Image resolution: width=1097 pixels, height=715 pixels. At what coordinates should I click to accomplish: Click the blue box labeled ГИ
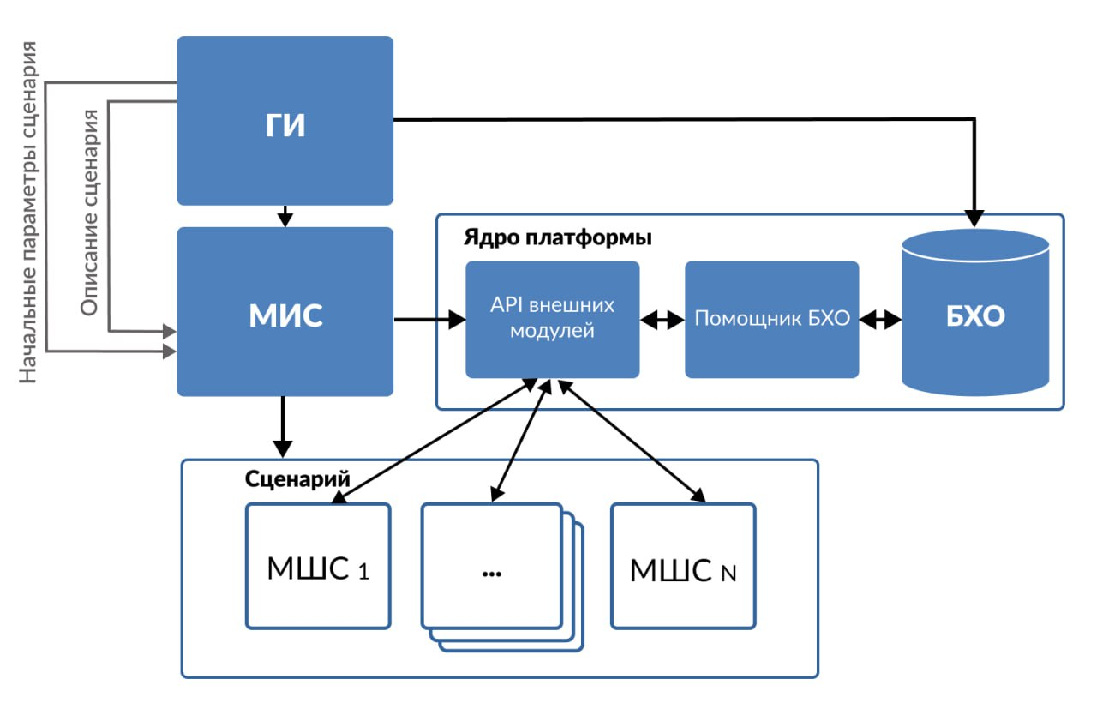click(x=285, y=121)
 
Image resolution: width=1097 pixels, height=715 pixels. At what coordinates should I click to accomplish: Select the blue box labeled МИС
click(x=285, y=312)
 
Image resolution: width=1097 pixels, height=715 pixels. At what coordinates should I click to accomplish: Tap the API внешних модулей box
click(x=552, y=319)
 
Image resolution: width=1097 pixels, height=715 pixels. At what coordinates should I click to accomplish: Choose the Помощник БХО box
click(x=771, y=319)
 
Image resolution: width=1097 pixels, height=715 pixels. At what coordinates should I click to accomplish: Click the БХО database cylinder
click(x=975, y=317)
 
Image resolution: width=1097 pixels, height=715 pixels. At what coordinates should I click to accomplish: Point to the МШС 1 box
click(x=318, y=567)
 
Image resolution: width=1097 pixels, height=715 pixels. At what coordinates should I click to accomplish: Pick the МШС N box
click(x=683, y=567)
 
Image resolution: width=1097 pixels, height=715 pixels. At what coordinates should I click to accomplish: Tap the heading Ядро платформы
click(x=557, y=237)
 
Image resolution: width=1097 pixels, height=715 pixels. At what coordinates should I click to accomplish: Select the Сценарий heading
click(x=297, y=478)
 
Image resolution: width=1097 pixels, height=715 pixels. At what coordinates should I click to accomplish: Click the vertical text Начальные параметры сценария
click(x=29, y=211)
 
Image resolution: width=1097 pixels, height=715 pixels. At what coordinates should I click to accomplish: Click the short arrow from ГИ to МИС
click(x=285, y=216)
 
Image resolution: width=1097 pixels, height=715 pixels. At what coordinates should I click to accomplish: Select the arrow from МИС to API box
click(x=429, y=321)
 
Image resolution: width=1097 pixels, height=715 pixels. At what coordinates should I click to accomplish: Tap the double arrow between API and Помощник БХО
click(x=662, y=320)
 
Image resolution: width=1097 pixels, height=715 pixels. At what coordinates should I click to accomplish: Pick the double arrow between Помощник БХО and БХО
click(x=880, y=320)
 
